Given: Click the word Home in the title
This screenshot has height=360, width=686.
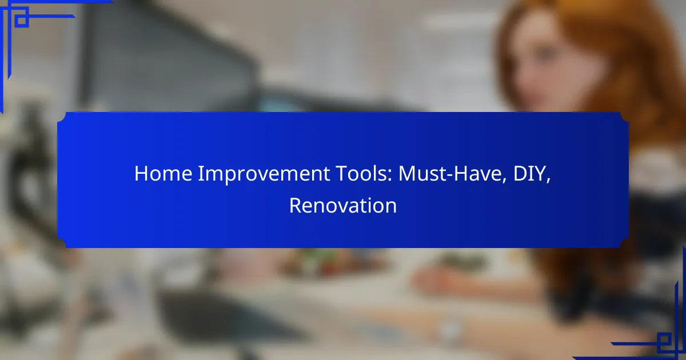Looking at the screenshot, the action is tap(163, 174).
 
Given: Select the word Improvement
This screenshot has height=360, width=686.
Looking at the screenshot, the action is tap(264, 174).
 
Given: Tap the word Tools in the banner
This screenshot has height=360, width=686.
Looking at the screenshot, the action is tap(361, 174).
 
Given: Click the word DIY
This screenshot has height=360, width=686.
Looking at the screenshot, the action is tap(529, 174).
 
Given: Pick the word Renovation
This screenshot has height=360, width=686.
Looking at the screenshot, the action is tap(343, 206).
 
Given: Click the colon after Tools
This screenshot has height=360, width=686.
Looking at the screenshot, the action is tap(389, 176).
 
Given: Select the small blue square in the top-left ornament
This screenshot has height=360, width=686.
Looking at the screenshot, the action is tap(22, 21).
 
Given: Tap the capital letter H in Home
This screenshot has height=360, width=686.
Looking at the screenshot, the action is tap(141, 174).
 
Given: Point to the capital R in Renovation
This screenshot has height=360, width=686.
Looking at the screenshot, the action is tap(296, 206).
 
